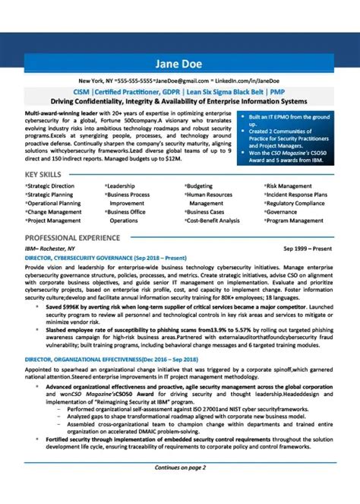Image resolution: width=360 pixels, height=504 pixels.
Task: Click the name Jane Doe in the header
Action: (180, 62)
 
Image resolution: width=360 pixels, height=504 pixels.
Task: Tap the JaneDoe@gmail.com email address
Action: (182, 81)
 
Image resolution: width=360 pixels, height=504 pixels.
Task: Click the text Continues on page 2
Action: (180, 488)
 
